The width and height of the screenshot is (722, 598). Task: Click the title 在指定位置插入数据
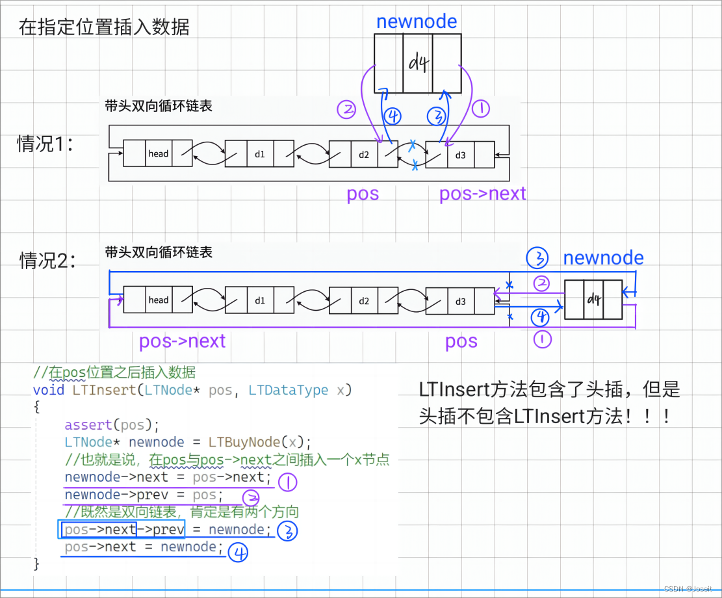tap(104, 28)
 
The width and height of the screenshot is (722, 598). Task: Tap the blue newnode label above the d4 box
tap(417, 21)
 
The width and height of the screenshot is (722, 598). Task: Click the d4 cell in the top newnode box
tap(417, 63)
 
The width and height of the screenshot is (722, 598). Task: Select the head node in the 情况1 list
tap(158, 153)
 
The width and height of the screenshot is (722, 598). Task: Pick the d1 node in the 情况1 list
tap(260, 153)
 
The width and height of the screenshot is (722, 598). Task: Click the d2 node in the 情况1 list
tap(364, 154)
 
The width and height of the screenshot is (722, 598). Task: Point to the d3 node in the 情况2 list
tap(460, 300)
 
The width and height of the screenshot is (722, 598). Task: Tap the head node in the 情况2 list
tap(158, 300)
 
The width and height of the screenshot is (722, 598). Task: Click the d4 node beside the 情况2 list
tap(594, 300)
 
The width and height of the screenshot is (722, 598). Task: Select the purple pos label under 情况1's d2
tap(363, 194)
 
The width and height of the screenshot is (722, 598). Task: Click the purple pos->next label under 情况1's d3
tap(482, 194)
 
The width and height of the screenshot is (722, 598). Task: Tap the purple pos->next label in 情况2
tap(182, 341)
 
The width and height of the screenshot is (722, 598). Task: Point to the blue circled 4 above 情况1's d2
tap(393, 116)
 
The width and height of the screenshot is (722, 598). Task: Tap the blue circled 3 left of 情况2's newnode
tap(538, 258)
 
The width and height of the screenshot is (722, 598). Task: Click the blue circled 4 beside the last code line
tap(239, 554)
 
